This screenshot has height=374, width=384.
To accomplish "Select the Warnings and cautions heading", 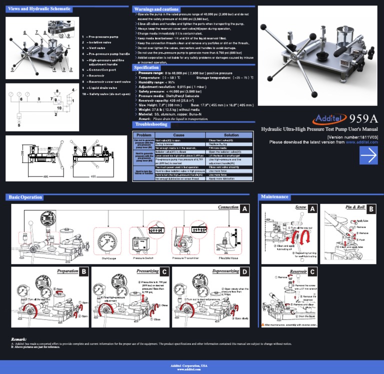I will click(x=156, y=9).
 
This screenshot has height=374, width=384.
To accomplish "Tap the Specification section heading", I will click(x=146, y=67).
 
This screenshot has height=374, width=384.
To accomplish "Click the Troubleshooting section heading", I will click(x=150, y=124).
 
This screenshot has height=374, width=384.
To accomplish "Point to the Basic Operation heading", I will click(x=25, y=197).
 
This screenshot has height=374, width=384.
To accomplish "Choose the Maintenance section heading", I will click(x=274, y=197).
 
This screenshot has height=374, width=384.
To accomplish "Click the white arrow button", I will click(x=368, y=155).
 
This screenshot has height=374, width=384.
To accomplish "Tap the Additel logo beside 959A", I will click(x=329, y=118).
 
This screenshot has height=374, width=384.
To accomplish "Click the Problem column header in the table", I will click(x=143, y=135).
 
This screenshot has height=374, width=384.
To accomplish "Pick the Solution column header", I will click(x=231, y=135).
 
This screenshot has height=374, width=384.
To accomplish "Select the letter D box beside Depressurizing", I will click(x=245, y=272).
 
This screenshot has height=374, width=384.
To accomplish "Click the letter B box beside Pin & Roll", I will click(x=371, y=208).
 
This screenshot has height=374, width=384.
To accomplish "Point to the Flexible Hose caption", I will click(x=228, y=258).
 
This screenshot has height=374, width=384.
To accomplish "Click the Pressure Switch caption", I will click(x=142, y=258).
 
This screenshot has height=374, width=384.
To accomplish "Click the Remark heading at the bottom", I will click(x=18, y=339).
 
